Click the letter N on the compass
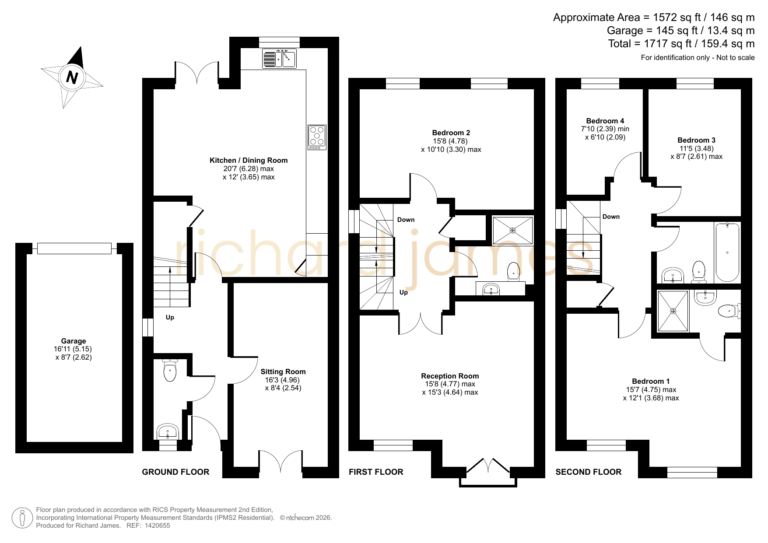point(72,77)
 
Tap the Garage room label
point(74,341)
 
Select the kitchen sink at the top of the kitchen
point(279,59)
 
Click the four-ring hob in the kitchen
point(317,137)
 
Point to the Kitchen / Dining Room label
point(249,160)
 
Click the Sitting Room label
point(283,371)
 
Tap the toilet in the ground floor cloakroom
point(170,370)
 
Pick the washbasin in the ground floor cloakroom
point(167,431)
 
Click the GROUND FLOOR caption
point(175,472)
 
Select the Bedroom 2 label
point(451,133)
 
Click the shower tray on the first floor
point(513,230)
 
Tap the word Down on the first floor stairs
point(406,220)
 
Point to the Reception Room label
point(450,376)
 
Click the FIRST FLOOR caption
point(376,472)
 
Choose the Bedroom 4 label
point(605,121)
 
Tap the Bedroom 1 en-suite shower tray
point(673,311)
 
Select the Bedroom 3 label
point(696,140)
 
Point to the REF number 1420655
point(157,525)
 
